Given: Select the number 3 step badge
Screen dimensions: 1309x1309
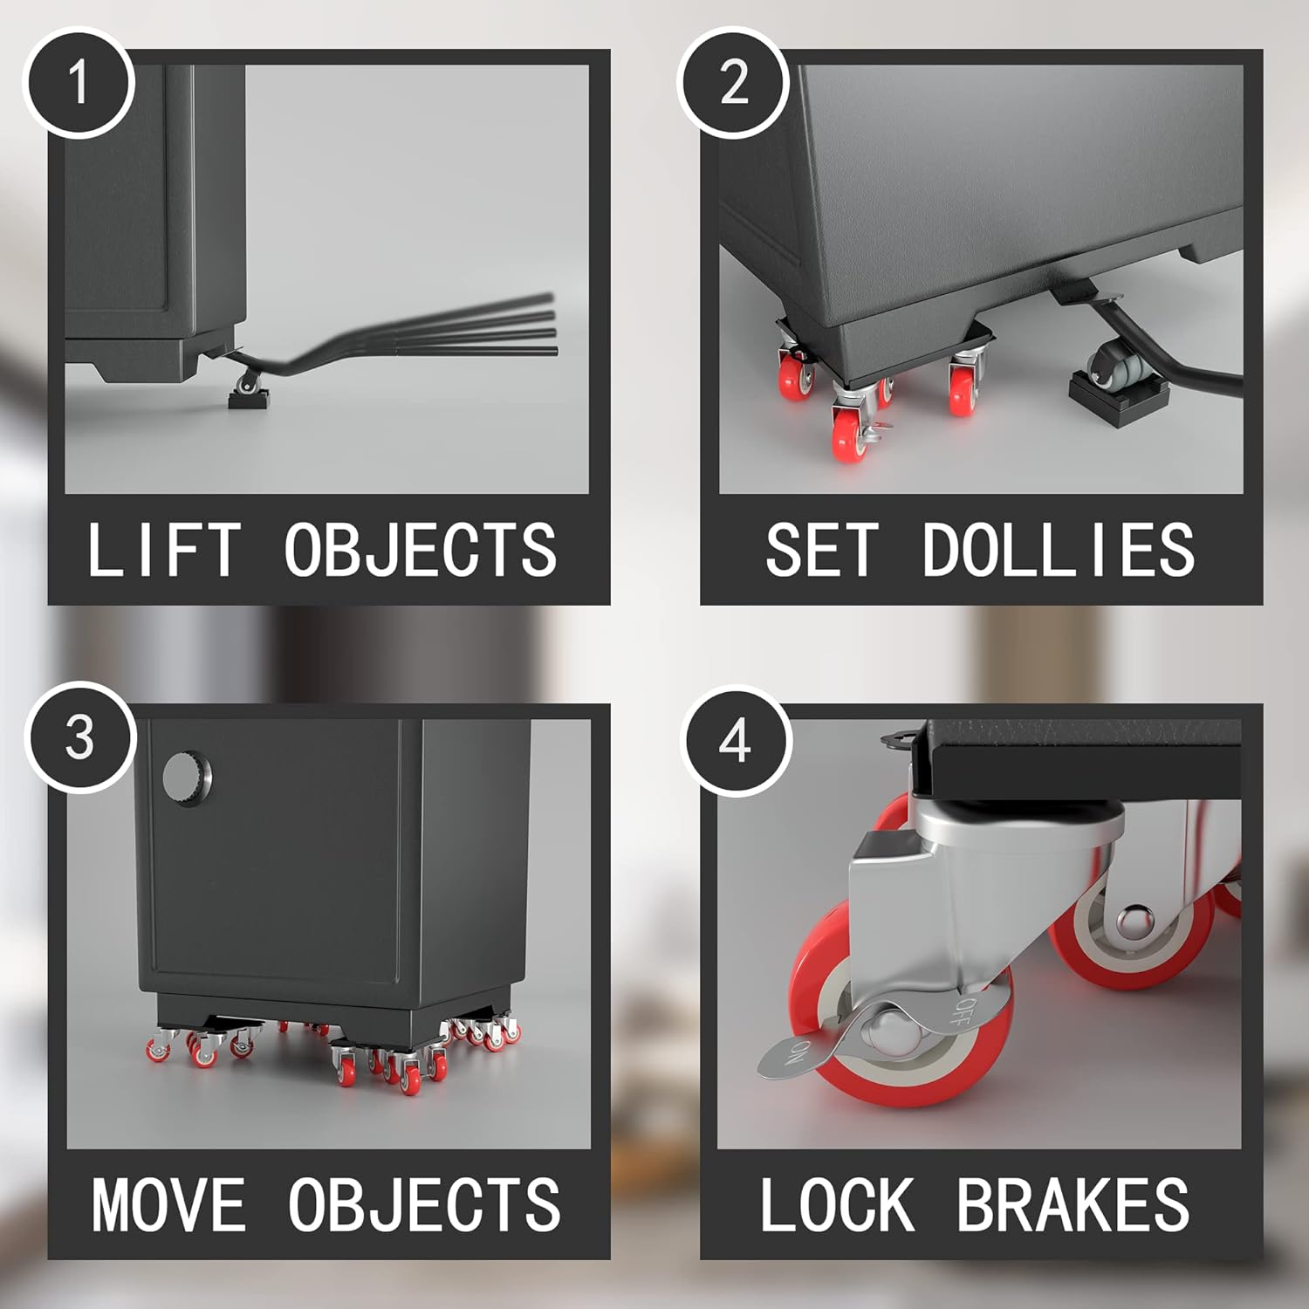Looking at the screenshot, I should [x=79, y=737].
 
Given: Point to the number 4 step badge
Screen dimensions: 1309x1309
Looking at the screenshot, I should [x=735, y=741].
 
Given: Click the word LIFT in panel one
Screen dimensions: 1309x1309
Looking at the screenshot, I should [x=163, y=551].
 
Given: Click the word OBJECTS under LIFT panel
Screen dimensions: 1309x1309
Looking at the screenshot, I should [x=421, y=551].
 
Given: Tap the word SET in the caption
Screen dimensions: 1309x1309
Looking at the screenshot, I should [x=821, y=551].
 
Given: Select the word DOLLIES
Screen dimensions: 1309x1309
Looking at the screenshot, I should [x=1058, y=551].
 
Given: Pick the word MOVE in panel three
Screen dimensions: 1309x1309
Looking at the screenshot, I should [x=169, y=1205].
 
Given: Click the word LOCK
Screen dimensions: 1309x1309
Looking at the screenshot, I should [x=837, y=1205].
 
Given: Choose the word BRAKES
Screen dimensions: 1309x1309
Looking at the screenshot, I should [x=1073, y=1205].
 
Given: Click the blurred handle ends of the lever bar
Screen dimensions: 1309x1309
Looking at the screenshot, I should [x=532, y=324].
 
